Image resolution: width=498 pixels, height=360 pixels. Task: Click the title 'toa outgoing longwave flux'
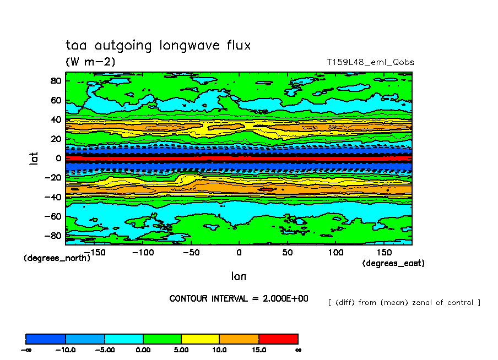[x=158, y=46]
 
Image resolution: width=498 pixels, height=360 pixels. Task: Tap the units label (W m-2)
[x=90, y=62]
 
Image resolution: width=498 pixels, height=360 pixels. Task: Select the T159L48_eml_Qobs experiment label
[x=370, y=62]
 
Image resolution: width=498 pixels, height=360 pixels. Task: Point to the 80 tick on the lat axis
[x=55, y=80]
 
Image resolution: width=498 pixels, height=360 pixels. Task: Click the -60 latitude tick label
[x=53, y=217]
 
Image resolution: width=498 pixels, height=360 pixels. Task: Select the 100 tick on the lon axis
[x=336, y=252]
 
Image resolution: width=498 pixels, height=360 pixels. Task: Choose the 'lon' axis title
[x=239, y=276]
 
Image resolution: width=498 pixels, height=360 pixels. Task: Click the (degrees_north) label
[x=57, y=258]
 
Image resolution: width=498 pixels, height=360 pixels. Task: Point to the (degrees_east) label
[x=393, y=264]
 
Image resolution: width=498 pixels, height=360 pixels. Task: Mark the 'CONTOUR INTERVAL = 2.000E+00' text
[x=239, y=299]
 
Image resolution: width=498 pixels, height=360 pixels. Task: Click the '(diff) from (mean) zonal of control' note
[x=404, y=302]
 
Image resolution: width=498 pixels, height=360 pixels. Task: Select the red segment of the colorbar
[x=278, y=339]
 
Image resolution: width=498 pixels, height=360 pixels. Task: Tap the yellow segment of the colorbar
[x=201, y=339]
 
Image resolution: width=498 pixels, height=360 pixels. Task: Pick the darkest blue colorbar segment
[x=46, y=339]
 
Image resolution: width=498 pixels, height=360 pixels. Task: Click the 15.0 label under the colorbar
[x=259, y=350]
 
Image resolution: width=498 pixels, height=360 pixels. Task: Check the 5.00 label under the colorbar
[x=181, y=350]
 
